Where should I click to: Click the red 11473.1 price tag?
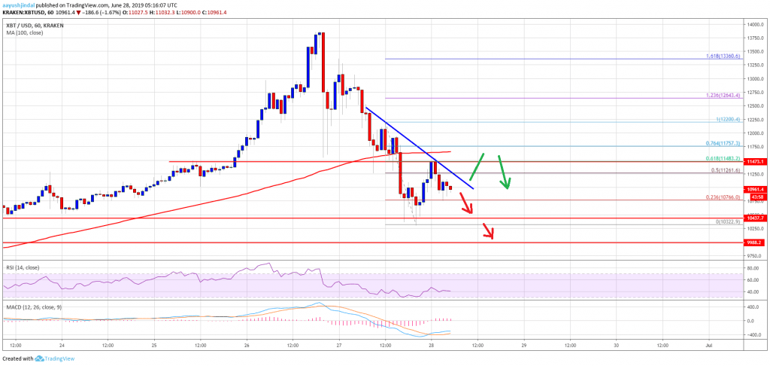point(751,161)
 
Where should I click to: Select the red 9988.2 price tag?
point(751,243)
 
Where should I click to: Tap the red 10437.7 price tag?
point(751,218)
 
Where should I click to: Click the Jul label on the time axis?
point(708,346)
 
